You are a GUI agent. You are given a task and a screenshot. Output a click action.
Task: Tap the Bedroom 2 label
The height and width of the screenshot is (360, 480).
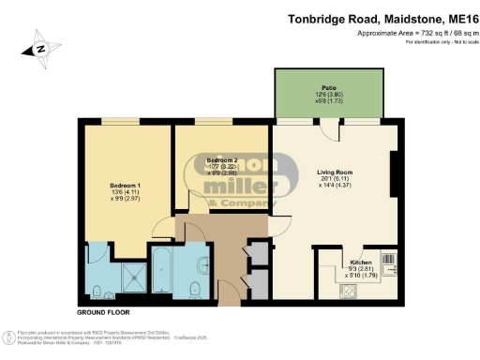coord(223,160)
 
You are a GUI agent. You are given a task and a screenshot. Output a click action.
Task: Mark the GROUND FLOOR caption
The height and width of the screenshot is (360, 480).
coord(103,311)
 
